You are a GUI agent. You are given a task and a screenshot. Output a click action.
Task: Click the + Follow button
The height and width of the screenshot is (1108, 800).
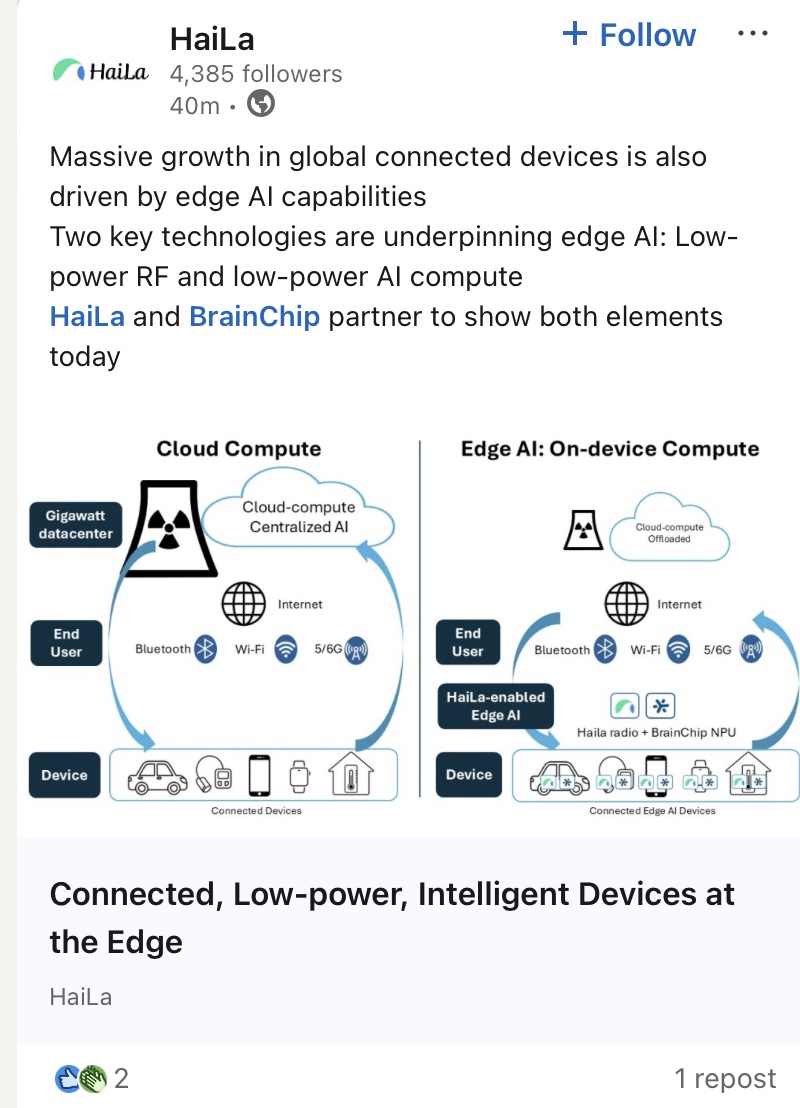630,35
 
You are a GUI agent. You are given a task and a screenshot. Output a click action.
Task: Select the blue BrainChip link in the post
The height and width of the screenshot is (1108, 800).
255,317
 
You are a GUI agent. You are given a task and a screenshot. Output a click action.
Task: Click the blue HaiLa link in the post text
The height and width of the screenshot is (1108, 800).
87,317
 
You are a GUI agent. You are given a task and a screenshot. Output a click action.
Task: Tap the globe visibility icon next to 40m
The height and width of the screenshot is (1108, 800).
261,104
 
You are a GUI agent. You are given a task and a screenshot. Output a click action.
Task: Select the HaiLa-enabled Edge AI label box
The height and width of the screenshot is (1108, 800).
495,706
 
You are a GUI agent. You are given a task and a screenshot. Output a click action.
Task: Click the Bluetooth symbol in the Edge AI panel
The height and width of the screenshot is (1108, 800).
605,650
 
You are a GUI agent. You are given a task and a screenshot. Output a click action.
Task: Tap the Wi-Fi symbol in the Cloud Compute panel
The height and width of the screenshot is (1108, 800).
287,649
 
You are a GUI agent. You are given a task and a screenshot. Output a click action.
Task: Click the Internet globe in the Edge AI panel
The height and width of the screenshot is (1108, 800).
627,603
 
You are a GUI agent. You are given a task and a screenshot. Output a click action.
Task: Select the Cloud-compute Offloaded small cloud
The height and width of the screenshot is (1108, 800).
669,532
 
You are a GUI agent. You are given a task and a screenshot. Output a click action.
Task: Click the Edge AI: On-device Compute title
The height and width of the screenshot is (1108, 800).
610,448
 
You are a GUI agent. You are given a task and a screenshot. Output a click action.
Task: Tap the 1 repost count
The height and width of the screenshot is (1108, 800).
725,1079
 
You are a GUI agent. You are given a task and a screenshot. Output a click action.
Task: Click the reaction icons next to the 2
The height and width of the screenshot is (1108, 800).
80,1078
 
